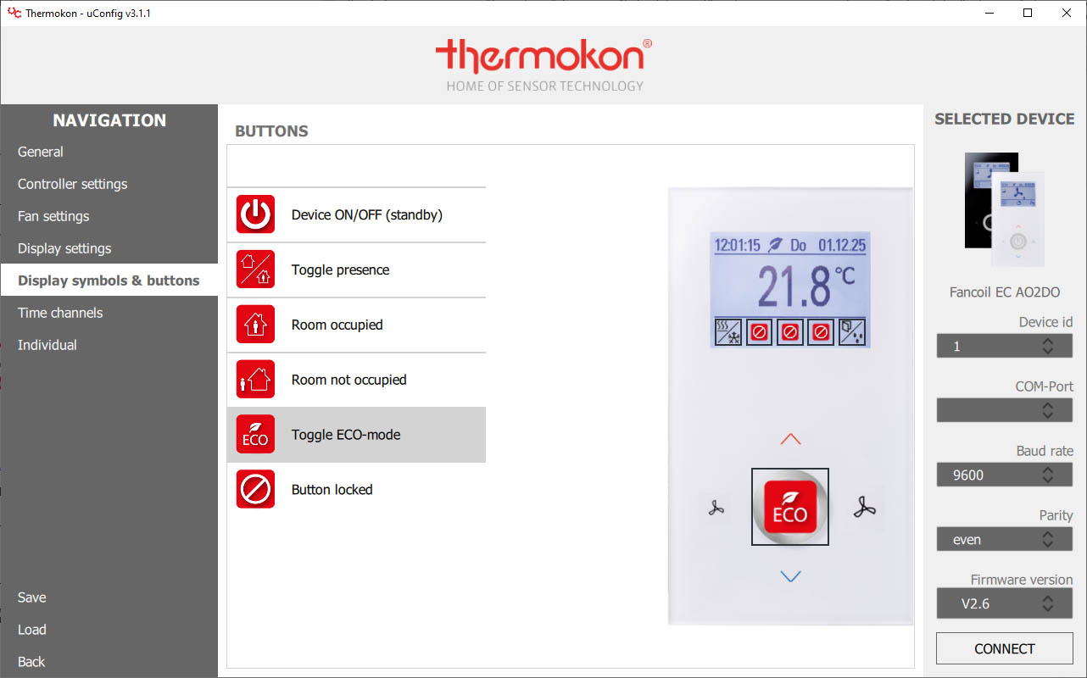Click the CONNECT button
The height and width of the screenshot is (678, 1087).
coord(1004,648)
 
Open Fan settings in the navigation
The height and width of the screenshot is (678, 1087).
coord(53,216)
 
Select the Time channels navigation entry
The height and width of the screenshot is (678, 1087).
coord(60,313)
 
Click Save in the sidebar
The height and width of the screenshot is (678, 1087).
coord(32,597)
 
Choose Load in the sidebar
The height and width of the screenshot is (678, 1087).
coord(32,630)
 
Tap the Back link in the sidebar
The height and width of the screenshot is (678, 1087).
coord(31,662)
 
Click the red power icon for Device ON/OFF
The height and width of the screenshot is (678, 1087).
coord(255,214)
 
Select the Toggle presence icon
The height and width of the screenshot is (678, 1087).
coord(255,270)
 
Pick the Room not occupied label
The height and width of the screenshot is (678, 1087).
coord(348,380)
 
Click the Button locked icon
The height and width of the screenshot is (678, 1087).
coord(255,489)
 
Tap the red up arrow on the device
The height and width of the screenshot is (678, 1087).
coord(790,439)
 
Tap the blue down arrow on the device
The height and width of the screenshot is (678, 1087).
coord(790,576)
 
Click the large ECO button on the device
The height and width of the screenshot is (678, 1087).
coord(790,507)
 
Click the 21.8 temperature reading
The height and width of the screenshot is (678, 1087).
coord(794,286)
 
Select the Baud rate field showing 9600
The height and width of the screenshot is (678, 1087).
coord(1004,475)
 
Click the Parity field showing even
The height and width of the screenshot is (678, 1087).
coord(1004,539)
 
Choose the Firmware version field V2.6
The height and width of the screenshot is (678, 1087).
coord(1004,603)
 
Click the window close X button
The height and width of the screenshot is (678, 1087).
coord(1066,13)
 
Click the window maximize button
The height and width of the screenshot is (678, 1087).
coord(1028,13)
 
